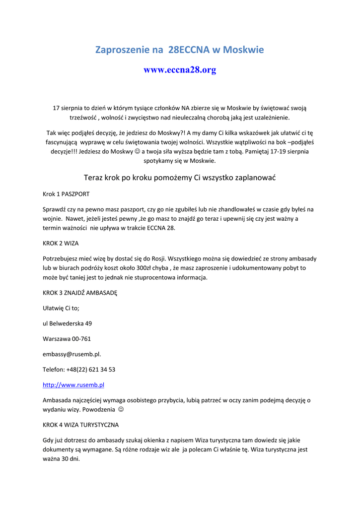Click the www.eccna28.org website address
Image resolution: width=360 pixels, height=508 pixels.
pos(180,70)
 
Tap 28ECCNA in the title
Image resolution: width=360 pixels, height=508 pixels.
pos(189,50)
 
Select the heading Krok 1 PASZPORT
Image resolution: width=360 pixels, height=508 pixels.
pos(66,194)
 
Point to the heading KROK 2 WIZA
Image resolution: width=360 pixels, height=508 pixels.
pos(61,244)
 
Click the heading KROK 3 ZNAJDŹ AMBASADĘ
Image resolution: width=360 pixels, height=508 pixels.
pos(80,293)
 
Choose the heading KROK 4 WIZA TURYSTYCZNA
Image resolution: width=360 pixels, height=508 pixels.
pos(80,425)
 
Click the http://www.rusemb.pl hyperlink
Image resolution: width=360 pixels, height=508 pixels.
pos(73,384)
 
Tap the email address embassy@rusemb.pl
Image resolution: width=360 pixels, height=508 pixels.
pos(72,354)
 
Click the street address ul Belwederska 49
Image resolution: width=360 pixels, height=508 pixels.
pos(67,323)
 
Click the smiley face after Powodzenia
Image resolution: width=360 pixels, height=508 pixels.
pos(121,410)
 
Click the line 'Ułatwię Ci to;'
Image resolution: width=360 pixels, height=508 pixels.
pos(61,308)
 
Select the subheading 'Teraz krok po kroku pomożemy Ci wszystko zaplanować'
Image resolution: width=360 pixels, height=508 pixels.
pos(180,177)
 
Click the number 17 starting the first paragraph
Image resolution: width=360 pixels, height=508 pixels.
pos(57,108)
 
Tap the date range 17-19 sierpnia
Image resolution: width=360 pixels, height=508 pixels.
pos(287,151)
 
